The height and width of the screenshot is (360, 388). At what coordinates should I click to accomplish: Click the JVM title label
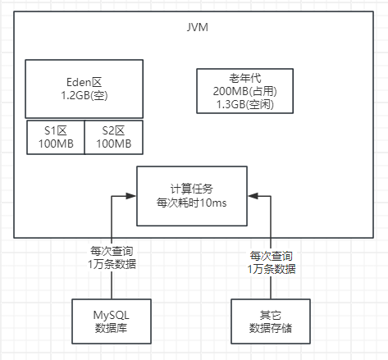pyautogui.click(x=198, y=28)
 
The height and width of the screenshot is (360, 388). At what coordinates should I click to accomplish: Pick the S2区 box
pyautogui.click(x=112, y=137)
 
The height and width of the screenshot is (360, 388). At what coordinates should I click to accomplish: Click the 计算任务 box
pyautogui.click(x=190, y=195)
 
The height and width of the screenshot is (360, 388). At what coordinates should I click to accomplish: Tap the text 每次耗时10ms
pyautogui.click(x=190, y=203)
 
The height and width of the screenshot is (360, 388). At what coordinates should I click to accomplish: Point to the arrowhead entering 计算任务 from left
pyautogui.click(x=130, y=196)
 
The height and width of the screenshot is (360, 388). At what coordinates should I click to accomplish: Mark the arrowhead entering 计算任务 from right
pyautogui.click(x=252, y=196)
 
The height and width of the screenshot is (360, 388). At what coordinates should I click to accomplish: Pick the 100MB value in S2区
pyautogui.click(x=112, y=144)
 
